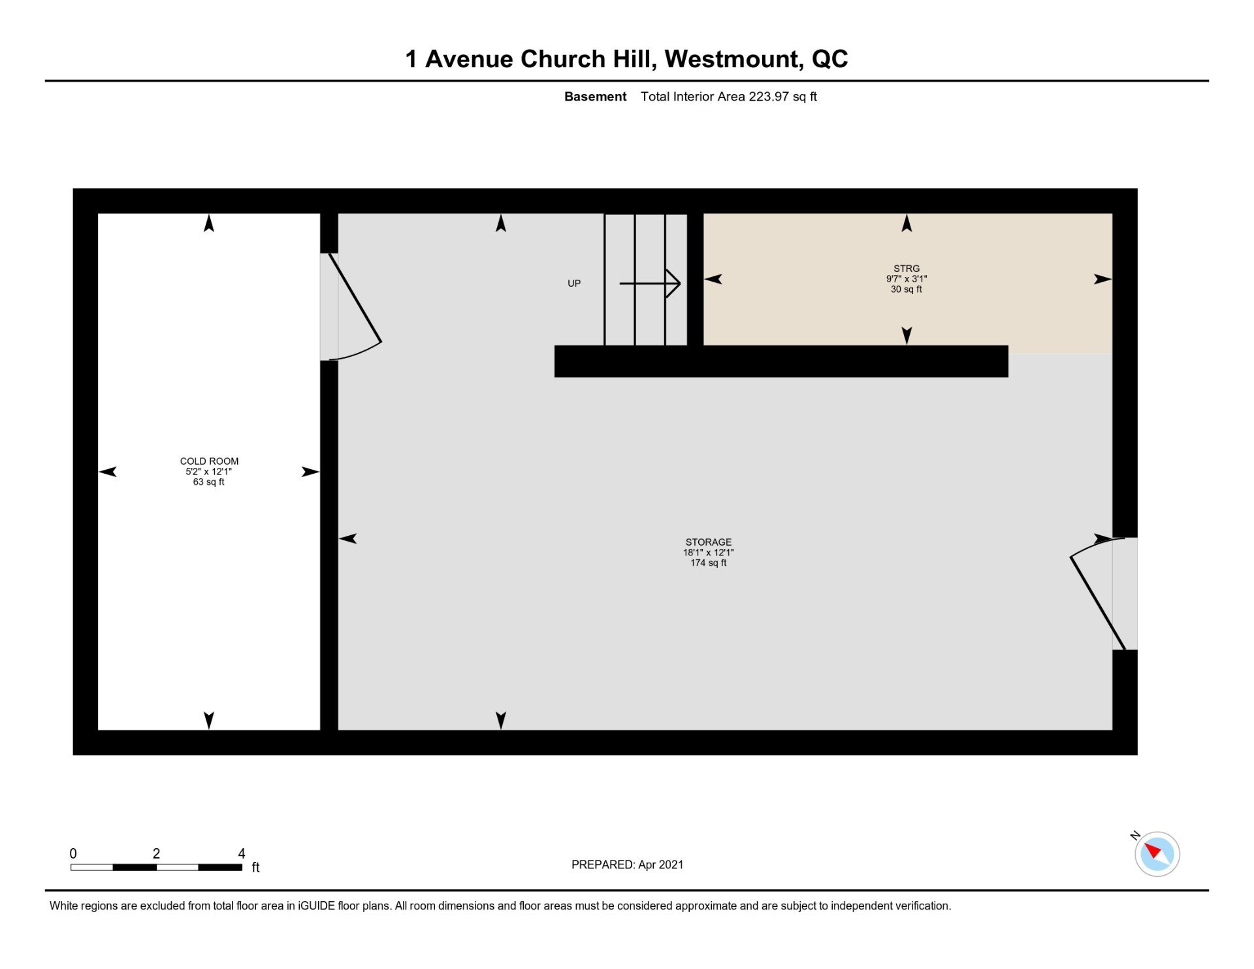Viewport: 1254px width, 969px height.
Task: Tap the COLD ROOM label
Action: click(209, 461)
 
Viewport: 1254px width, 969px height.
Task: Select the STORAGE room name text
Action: click(709, 542)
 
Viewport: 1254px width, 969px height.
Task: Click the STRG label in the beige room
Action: click(907, 269)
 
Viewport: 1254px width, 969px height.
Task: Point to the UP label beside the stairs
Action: click(574, 284)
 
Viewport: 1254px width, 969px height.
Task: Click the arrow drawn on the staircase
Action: click(650, 284)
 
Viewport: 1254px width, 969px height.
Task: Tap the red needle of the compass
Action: click(1152, 850)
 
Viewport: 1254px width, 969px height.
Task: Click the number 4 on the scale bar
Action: click(242, 853)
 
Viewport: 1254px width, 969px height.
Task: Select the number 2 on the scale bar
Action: click(156, 853)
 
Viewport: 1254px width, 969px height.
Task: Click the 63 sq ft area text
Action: click(209, 482)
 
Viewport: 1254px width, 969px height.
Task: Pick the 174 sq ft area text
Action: click(709, 563)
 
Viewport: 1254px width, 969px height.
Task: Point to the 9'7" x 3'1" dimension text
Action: click(907, 279)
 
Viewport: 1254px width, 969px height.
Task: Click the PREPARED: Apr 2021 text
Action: click(628, 864)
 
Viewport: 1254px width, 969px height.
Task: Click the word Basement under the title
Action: click(595, 97)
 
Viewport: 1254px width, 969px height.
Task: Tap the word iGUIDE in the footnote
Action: click(317, 906)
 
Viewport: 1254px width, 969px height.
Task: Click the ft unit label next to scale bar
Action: click(256, 868)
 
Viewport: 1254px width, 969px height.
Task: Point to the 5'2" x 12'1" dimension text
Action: click(209, 472)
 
